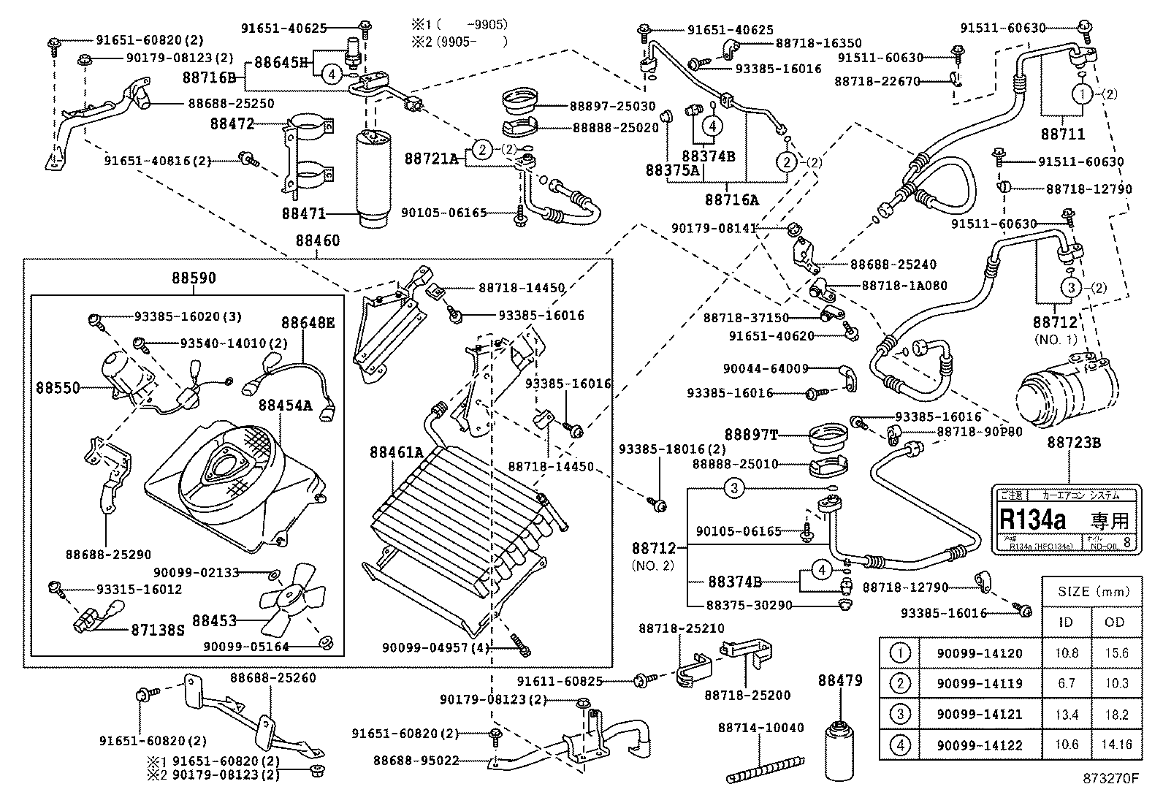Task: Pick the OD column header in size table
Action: (x=1115, y=623)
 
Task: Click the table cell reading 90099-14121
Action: (x=980, y=715)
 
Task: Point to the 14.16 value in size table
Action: (x=1115, y=745)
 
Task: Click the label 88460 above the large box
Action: (x=317, y=240)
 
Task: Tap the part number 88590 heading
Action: (x=194, y=278)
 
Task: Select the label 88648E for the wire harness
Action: (x=308, y=322)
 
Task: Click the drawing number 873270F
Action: (x=1110, y=789)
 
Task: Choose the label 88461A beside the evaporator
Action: (x=396, y=453)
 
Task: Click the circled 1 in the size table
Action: (x=901, y=652)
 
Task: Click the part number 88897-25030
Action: (x=614, y=107)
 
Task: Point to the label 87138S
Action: (x=158, y=628)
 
